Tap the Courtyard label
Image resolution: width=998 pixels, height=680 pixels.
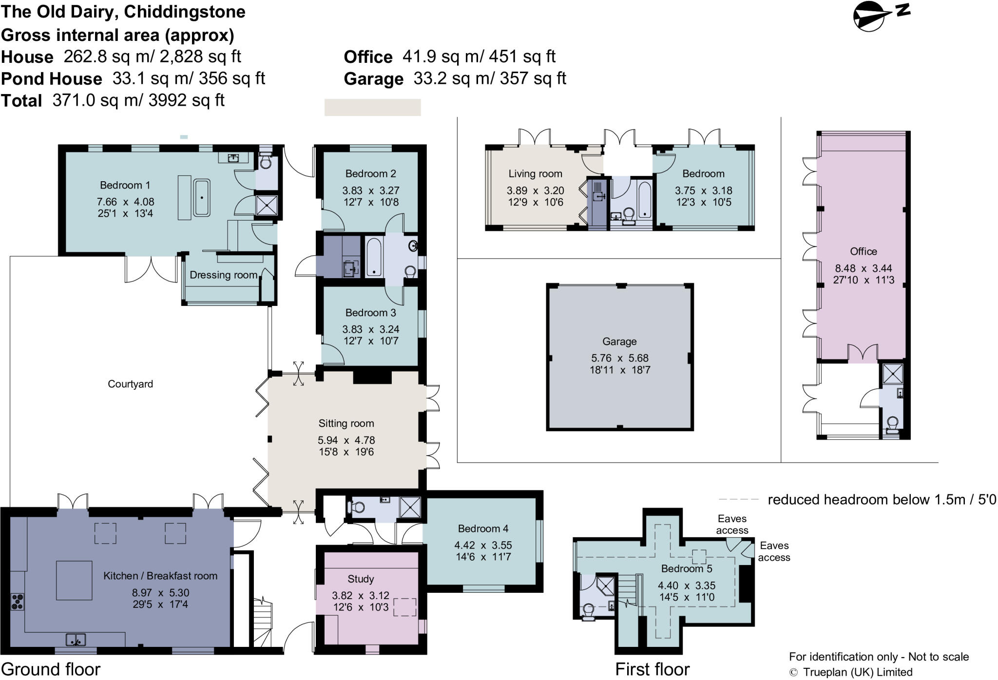coord(130,384)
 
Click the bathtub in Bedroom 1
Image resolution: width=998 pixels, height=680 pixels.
coord(202,198)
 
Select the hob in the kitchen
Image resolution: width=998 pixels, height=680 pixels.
coord(18,601)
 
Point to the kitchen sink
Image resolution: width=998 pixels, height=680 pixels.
coord(76,639)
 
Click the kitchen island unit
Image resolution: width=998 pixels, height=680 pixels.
coord(74,580)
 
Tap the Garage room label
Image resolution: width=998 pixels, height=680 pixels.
coord(619,341)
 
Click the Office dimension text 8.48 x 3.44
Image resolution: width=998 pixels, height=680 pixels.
coord(863,268)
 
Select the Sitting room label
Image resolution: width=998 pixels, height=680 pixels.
coord(346,423)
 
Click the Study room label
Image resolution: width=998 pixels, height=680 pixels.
coord(361,579)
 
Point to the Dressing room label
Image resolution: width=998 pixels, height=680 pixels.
coord(223,275)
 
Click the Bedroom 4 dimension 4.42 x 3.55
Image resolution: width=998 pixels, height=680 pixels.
coord(483,545)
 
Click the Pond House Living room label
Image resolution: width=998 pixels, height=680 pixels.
coord(535,173)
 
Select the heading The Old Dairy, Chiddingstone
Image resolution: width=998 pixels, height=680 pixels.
coord(123,12)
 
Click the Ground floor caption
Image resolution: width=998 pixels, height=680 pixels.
coord(51,669)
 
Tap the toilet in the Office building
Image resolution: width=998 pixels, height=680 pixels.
coord(892,425)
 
